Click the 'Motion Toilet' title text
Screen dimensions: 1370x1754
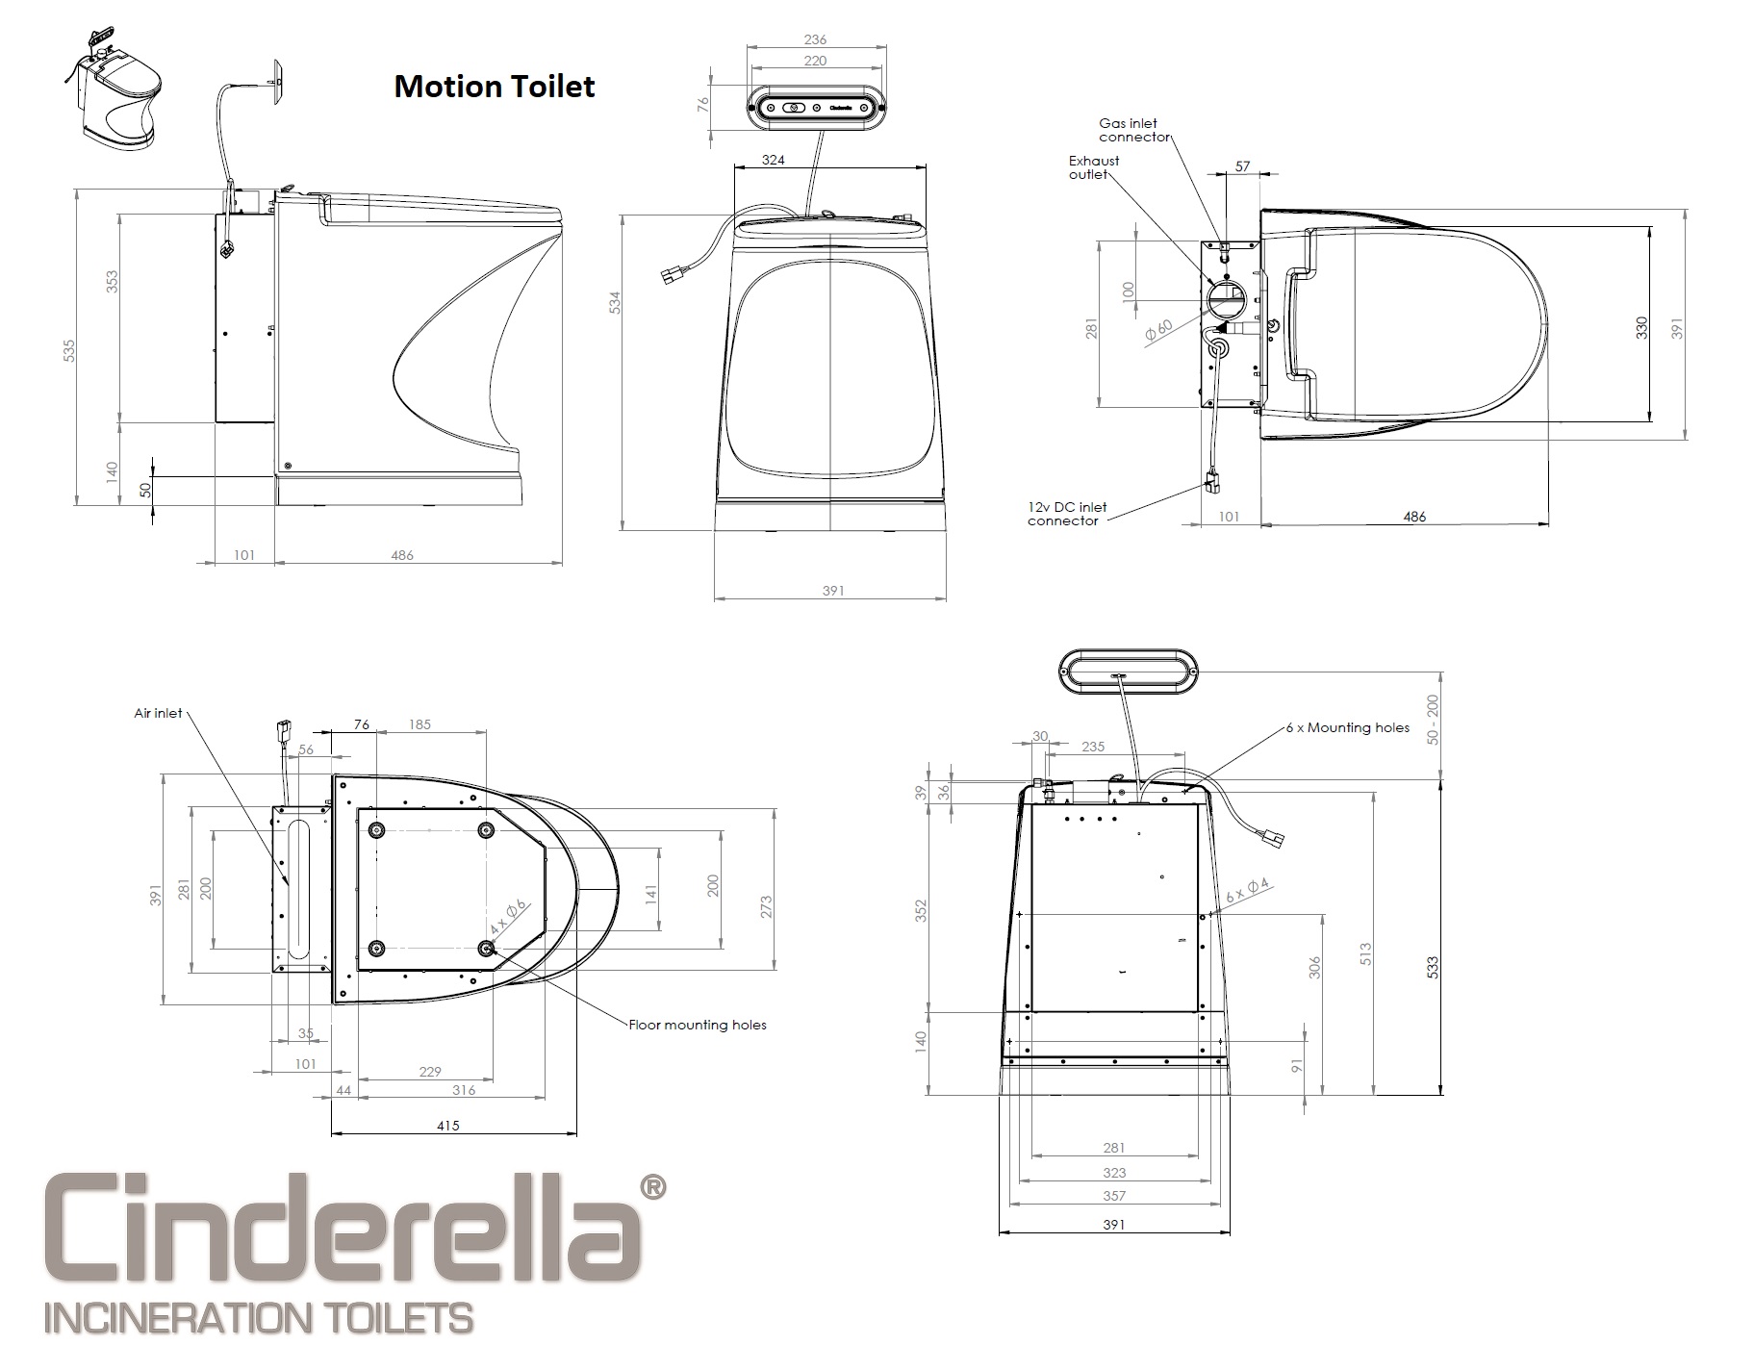494,87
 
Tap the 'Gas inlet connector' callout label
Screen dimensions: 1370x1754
1133,130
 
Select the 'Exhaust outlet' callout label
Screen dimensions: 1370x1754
1094,167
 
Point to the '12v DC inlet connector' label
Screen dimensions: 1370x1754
1067,514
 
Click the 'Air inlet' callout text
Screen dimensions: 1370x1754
158,713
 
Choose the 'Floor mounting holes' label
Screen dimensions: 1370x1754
698,1025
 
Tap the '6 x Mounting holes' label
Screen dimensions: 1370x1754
1347,728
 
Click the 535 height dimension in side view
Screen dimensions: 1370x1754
68,351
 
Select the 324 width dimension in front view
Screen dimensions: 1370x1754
773,160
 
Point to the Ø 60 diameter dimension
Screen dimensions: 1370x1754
1158,330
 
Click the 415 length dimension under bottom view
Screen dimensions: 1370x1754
447,1125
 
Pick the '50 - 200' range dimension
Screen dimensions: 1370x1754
1433,719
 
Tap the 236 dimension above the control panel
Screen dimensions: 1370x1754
814,39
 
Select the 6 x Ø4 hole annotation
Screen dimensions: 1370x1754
1248,890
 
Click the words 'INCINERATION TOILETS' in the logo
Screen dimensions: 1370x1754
258,1317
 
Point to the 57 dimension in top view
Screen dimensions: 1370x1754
1242,166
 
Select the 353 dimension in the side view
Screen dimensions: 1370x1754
113,282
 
